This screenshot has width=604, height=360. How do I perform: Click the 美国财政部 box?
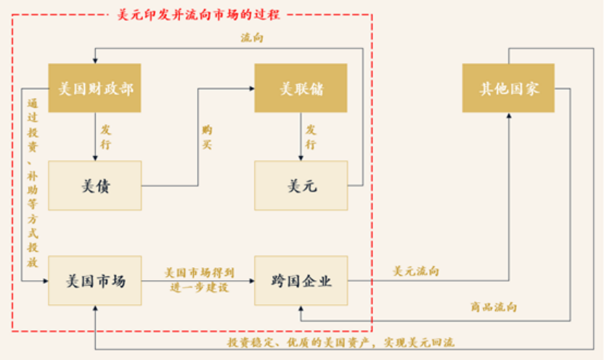pyautogui.click(x=94, y=89)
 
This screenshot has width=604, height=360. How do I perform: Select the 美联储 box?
pyautogui.click(x=301, y=89)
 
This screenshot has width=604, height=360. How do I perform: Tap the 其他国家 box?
pyautogui.click(x=508, y=89)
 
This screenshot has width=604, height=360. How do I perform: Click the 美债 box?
pyautogui.click(x=94, y=186)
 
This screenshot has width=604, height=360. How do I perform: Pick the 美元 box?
pyautogui.click(x=301, y=186)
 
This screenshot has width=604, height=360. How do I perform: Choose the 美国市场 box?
pyautogui.click(x=94, y=281)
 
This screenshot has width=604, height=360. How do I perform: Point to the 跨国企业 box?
pyautogui.click(x=301, y=281)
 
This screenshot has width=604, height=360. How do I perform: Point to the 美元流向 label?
pyautogui.click(x=416, y=271)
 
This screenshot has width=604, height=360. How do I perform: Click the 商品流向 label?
pyautogui.click(x=493, y=306)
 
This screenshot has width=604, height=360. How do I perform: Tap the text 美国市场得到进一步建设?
pyautogui.click(x=199, y=280)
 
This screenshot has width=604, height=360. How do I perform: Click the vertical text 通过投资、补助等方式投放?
pyautogui.click(x=32, y=181)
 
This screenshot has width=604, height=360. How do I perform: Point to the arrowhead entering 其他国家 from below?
pyautogui.click(x=508, y=116)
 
